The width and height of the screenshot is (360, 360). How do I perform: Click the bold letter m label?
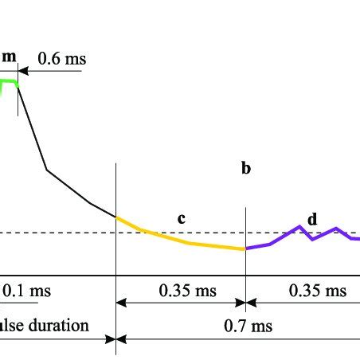point(9,56)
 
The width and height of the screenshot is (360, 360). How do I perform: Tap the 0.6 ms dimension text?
point(62,58)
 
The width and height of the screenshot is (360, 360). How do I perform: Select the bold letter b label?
point(246,168)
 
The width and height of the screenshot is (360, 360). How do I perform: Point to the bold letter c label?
point(181,218)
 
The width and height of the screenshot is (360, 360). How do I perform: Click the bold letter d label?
point(312,218)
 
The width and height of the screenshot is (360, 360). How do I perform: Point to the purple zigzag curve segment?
point(319,235)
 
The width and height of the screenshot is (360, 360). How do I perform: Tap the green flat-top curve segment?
point(10,80)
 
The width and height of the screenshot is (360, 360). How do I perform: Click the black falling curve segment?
point(48,169)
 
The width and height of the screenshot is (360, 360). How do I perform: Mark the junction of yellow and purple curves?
point(245,249)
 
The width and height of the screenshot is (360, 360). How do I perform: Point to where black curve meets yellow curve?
point(116,217)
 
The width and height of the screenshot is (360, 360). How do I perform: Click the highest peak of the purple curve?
point(299,226)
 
